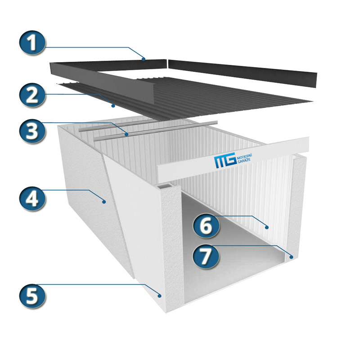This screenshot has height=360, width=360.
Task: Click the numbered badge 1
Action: tap(32, 43)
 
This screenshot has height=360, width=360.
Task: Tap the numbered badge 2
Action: tap(32, 95)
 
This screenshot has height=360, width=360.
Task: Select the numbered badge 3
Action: tap(32, 131)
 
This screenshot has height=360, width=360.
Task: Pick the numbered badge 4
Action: tap(32, 198)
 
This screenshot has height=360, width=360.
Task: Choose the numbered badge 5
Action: tap(32, 296)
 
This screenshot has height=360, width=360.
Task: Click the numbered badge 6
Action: tap(206, 225)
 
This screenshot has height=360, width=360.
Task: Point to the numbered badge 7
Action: tap(206, 256)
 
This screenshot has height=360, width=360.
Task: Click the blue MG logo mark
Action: tap(225, 160)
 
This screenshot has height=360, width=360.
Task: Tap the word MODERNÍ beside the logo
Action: tap(244, 157)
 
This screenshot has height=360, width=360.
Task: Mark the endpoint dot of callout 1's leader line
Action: tap(144, 59)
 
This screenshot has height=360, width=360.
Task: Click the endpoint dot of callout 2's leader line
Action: tap(113, 106)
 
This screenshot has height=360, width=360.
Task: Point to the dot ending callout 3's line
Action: tap(126, 134)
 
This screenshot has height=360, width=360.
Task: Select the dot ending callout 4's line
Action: tap(104, 202)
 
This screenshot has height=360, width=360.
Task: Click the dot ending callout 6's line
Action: tap(266, 227)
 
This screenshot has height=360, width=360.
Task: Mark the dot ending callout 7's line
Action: tap(291, 257)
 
